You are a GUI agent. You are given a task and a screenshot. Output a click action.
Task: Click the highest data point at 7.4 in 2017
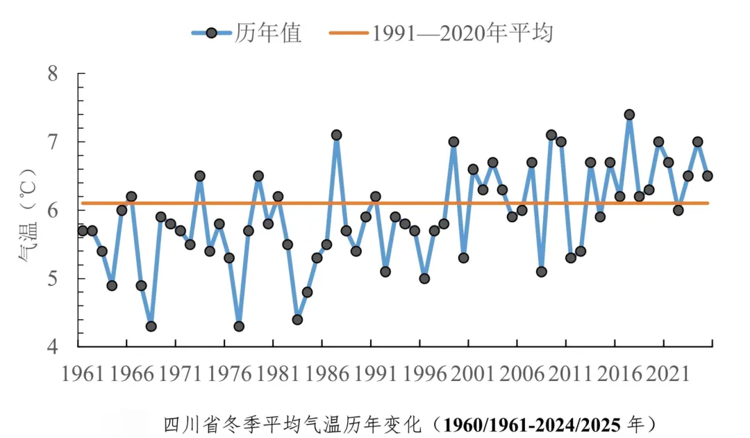629,115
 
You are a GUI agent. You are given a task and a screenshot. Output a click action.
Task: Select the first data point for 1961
83,230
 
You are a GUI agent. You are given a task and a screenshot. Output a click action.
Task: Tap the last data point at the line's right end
707,176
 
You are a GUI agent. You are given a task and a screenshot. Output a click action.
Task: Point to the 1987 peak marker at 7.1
336,135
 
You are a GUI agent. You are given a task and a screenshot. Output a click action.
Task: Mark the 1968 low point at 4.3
151,326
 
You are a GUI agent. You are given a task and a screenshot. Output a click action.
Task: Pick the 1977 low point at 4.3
239,326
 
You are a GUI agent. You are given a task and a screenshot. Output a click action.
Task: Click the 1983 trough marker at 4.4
297,319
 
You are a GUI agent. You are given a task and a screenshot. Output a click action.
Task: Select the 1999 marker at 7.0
453,142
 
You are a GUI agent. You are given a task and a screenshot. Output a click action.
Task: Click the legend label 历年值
268,33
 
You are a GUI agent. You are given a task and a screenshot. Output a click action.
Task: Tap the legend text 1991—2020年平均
462,33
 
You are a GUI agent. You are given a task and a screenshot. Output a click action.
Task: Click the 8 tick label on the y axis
52,74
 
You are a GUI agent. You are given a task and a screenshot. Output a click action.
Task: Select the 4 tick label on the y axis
52,347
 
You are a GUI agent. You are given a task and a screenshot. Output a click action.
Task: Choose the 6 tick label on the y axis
52,211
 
